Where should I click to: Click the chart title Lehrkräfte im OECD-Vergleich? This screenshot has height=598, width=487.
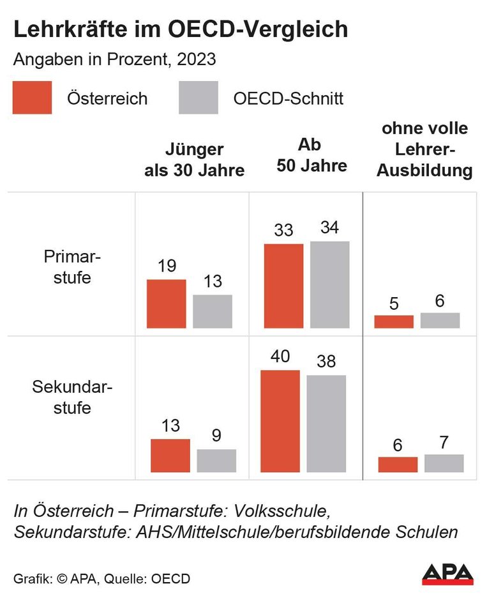tap(181, 30)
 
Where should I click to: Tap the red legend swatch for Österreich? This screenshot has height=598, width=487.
tap(32, 98)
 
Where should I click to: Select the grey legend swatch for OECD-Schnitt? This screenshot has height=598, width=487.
tap(198, 98)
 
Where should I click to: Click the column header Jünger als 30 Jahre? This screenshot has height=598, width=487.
tap(195, 160)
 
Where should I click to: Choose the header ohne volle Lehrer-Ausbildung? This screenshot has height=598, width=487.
tap(424, 149)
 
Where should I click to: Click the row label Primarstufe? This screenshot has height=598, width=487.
tap(73, 267)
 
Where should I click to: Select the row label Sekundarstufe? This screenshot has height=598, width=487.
tap(72, 397)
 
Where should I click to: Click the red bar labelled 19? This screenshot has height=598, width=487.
tap(167, 303)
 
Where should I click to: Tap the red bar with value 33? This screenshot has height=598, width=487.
tap(283, 286)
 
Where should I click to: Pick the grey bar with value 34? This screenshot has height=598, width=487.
tap(329, 284)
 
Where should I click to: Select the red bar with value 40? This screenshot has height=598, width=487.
tap(280, 421)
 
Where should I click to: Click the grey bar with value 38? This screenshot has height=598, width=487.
tap(326, 424)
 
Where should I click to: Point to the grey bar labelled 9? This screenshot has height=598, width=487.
tap(216, 461)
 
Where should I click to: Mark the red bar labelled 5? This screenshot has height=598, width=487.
tap(394, 321)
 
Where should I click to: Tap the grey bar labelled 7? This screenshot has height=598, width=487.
tap(444, 463)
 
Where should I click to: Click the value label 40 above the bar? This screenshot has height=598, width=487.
tap(280, 356)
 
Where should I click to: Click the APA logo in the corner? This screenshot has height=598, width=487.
tap(447, 573)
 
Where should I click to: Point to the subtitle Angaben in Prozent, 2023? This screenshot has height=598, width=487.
tap(114, 60)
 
